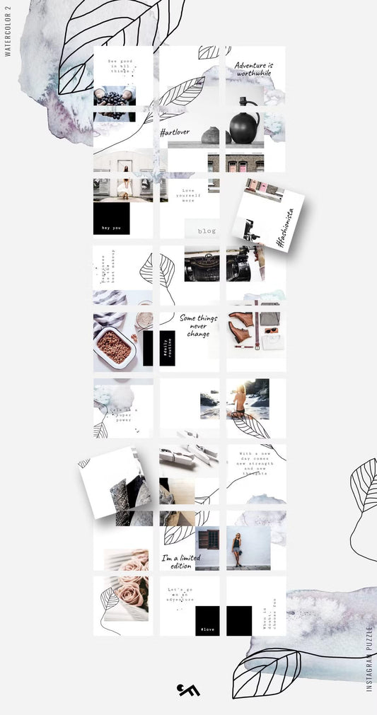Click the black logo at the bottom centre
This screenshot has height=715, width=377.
(188, 689)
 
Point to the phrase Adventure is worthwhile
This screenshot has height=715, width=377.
(254, 69)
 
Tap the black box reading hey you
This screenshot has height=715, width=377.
(111, 219)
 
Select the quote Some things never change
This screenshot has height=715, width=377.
(197, 325)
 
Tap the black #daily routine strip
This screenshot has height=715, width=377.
(167, 347)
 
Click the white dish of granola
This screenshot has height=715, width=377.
(114, 347)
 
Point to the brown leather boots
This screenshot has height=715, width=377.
(240, 327)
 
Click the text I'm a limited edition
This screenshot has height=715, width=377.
(180, 562)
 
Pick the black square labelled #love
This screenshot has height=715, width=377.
(207, 620)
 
